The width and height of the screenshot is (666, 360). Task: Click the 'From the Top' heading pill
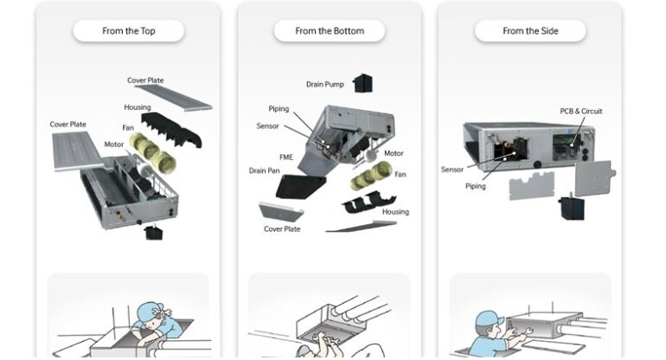(x=129, y=31)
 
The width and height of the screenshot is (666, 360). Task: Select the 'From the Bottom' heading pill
(x=330, y=31)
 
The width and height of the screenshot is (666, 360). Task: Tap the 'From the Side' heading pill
(x=530, y=31)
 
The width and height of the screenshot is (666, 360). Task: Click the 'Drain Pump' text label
(x=325, y=84)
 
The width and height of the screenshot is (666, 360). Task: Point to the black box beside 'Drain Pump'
(x=362, y=83)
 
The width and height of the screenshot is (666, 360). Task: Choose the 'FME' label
(x=286, y=157)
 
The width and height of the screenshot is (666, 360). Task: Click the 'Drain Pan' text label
(x=264, y=170)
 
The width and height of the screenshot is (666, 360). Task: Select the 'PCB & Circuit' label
(x=581, y=111)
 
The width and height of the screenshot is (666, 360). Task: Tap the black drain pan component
(x=300, y=186)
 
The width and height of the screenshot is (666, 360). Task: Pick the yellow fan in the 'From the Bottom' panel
(x=371, y=176)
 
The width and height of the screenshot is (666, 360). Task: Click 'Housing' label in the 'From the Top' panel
(x=138, y=107)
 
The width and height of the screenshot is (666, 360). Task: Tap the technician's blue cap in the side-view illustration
(x=489, y=318)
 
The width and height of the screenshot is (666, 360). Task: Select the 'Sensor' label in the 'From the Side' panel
(x=451, y=170)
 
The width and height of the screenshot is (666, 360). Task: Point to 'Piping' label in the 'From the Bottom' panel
(x=279, y=109)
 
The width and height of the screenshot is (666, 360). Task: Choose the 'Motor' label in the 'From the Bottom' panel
(x=394, y=153)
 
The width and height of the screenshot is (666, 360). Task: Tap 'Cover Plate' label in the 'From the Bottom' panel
(x=282, y=228)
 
